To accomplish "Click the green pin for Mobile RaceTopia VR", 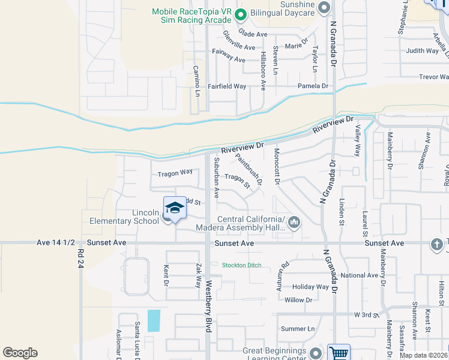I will coord(241,15).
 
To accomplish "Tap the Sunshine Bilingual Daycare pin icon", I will coord(324,8).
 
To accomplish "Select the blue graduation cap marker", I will coord(175,208).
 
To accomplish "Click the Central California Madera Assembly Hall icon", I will coord(294,223).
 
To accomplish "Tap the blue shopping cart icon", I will coord(339,353).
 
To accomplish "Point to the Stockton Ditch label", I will coord(241,265).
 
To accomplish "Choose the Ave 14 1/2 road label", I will coord(56,243).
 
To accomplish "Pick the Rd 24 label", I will coord(80,259).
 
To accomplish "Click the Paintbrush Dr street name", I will coord(249,169).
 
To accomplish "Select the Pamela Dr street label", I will coord(313,86).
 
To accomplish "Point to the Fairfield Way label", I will coord(227,86).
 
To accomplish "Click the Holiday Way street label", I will coord(310,287).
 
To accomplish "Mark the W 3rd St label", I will coord(367,314).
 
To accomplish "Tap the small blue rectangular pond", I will coord(154,321).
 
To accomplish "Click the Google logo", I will coord(20,352).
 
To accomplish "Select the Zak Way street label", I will coord(197,275).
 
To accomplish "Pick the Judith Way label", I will coord(422,51).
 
